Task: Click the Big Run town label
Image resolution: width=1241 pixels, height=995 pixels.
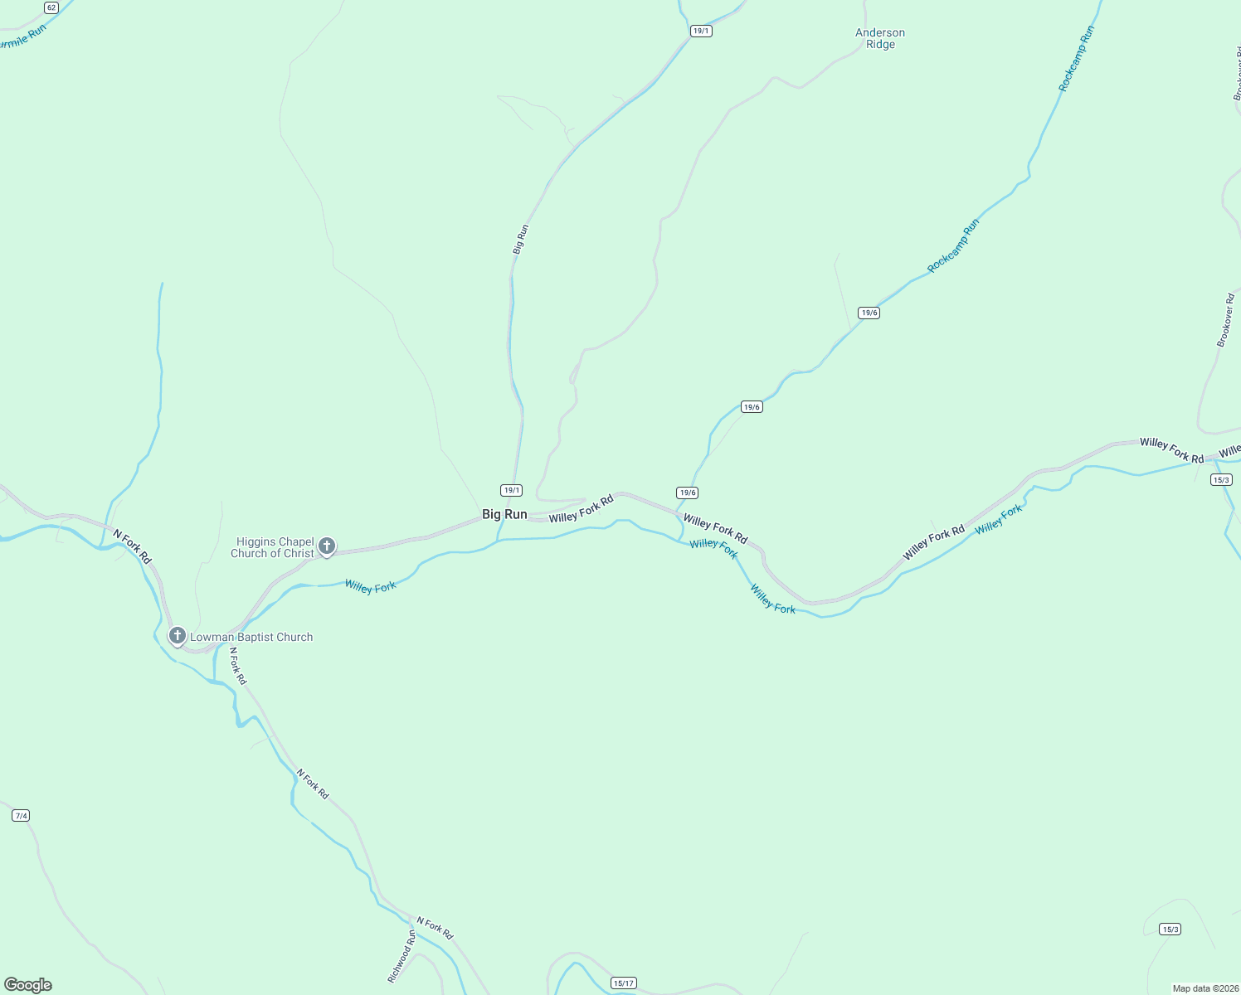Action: point(504,515)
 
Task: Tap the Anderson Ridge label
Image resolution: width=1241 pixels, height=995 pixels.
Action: point(880,39)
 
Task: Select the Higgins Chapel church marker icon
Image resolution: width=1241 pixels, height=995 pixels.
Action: point(327,546)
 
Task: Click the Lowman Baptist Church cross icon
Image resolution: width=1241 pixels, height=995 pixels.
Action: point(177,636)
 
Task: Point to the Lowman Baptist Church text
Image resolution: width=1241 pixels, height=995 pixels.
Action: point(251,638)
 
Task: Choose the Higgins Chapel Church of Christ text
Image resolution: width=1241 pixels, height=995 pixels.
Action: point(272,548)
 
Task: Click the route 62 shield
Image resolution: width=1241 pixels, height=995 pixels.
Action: point(51,7)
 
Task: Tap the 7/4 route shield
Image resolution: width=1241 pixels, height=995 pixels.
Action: point(21,816)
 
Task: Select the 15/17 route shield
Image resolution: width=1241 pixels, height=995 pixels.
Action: point(623,983)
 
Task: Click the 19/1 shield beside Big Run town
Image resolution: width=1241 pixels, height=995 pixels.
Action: point(512,490)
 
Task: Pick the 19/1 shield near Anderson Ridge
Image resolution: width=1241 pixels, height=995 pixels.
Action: point(701,31)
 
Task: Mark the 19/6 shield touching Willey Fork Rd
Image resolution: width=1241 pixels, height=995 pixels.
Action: point(687,493)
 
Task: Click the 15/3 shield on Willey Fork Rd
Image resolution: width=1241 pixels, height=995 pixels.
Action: point(1221,480)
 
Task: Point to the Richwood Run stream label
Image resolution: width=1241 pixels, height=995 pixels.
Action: point(401,956)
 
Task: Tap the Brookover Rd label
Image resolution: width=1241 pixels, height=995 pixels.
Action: point(1225,320)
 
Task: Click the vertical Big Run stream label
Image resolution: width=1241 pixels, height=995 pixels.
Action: point(520,239)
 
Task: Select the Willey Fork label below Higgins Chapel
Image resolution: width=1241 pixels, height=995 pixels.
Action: point(370,587)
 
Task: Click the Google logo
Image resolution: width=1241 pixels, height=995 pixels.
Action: point(28,985)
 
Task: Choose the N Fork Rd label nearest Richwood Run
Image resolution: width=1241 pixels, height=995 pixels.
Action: point(435,928)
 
